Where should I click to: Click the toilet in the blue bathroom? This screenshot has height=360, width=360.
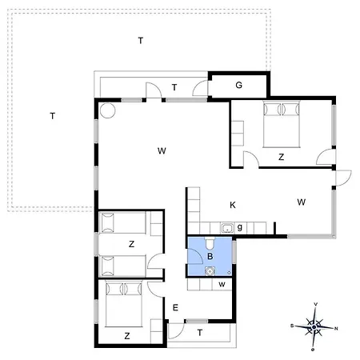tap(210, 243)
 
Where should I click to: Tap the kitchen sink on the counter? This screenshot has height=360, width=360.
tap(227, 228)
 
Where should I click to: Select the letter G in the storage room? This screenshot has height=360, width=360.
tap(238, 85)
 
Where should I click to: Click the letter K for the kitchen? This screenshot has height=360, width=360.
tap(233, 205)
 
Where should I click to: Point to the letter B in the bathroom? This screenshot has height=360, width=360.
tap(210, 256)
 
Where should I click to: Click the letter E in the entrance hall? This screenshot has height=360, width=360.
tap(175, 308)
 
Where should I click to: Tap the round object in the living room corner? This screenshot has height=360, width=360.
tap(108, 110)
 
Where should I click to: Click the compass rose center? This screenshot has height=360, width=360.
tap(314, 326)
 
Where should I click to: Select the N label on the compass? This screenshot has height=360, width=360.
tap(336, 329)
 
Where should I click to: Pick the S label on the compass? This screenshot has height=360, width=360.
tap(292, 326)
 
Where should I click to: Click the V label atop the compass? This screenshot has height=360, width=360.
tap(316, 304)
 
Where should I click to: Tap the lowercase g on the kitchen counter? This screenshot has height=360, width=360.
tap(240, 227)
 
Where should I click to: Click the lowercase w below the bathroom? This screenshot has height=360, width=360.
tap(222, 285)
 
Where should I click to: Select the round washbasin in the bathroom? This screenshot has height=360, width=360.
tap(210, 271)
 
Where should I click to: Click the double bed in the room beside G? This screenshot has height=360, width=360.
tap(282, 124)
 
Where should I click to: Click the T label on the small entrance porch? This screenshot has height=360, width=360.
tap(200, 333)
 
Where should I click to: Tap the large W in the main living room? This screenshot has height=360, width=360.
tap(162, 151)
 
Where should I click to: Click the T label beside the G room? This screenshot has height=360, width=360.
tap(174, 87)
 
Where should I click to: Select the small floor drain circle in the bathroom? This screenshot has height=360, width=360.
tap(229, 273)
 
